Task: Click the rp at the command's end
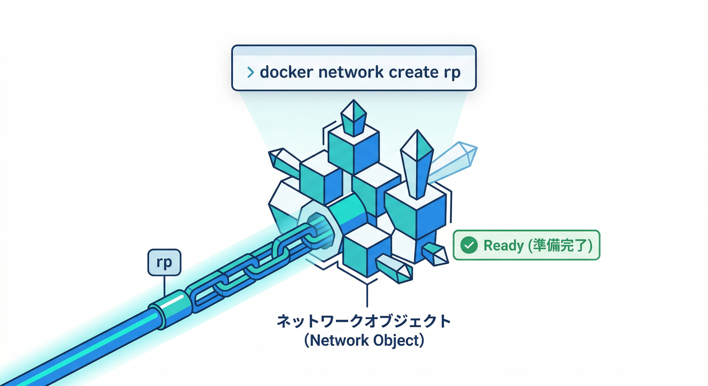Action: (x=451, y=73)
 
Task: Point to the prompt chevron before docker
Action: (x=250, y=72)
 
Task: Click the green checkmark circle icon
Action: (x=469, y=245)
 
